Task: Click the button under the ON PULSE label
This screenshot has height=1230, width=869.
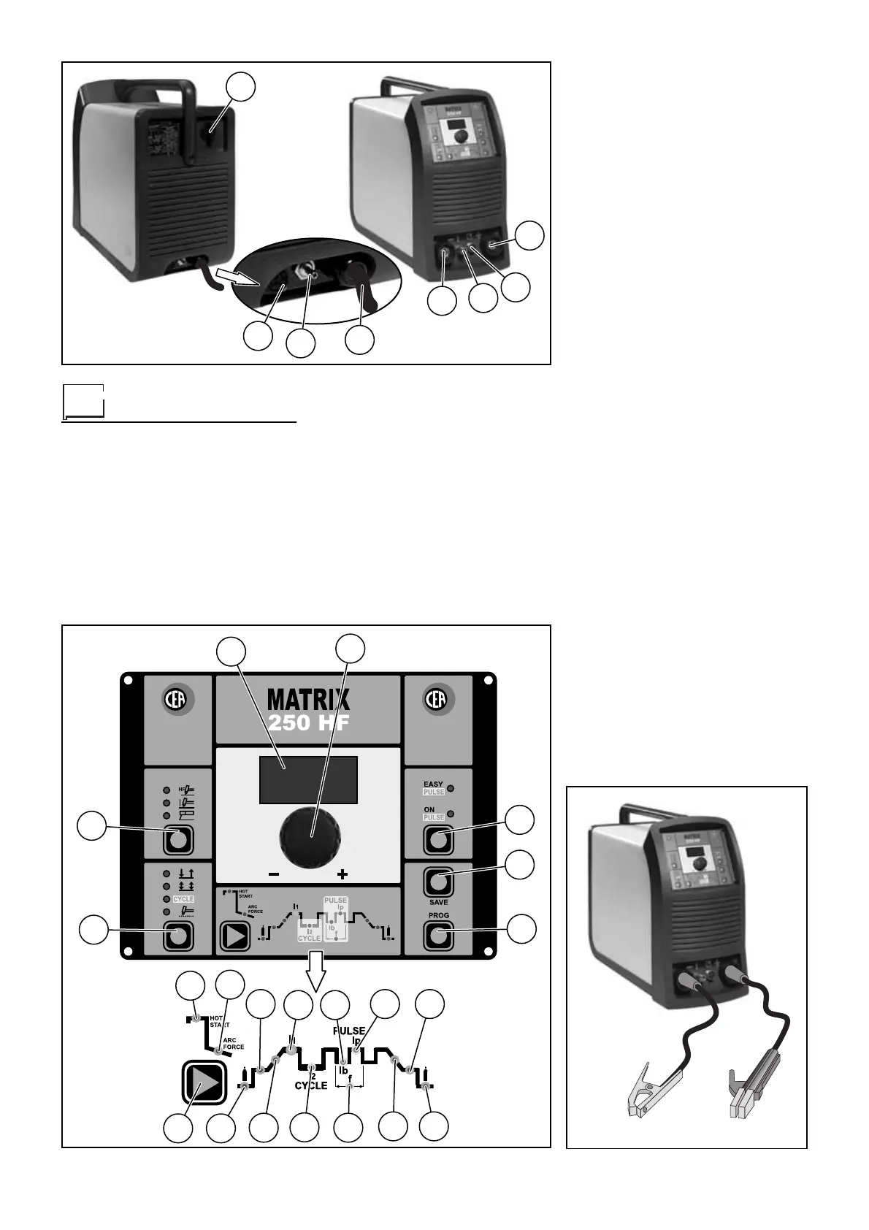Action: [x=438, y=840]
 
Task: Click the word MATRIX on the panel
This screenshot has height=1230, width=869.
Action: [x=308, y=700]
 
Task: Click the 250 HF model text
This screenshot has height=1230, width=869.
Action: [x=308, y=724]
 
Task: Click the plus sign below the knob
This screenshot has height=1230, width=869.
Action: [x=342, y=874]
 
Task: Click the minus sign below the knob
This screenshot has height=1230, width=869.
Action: [x=273, y=874]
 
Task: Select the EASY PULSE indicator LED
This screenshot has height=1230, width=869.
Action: [x=451, y=788]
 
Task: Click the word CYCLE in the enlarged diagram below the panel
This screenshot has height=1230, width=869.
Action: [x=310, y=1086]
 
